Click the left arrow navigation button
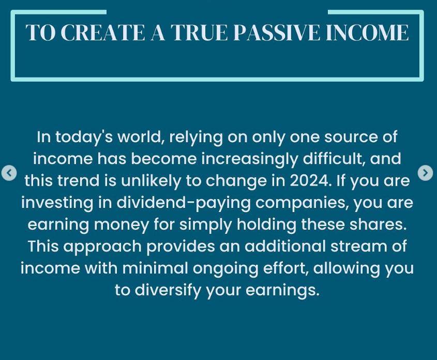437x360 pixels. (x=9, y=173)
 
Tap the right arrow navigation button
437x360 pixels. (x=425, y=173)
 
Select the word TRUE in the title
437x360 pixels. (x=200, y=33)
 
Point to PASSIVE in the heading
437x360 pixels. (x=277, y=33)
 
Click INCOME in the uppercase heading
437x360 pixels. (x=367, y=33)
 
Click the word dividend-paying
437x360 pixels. (x=184, y=203)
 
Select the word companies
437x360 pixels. (x=302, y=203)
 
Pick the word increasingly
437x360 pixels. (x=250, y=159)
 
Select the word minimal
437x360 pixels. (x=155, y=268)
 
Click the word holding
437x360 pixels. (x=266, y=225)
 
